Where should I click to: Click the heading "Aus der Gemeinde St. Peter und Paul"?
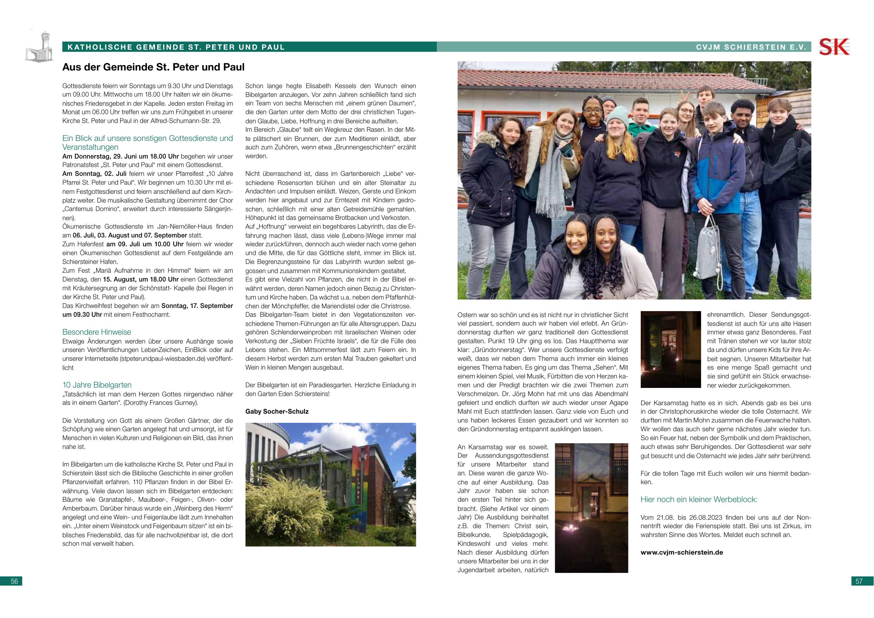click(153, 67)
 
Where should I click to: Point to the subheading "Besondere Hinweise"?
click(97, 332)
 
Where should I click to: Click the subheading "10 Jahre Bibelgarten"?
click(97, 385)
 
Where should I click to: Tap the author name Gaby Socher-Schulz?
click(277, 411)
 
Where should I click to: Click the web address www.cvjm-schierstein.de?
click(682, 552)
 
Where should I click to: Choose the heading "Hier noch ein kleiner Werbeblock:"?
click(699, 499)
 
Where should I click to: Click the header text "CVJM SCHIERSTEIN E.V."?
click(751, 47)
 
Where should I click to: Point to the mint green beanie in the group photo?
click(618, 115)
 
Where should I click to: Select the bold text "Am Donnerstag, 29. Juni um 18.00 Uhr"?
click(120, 156)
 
